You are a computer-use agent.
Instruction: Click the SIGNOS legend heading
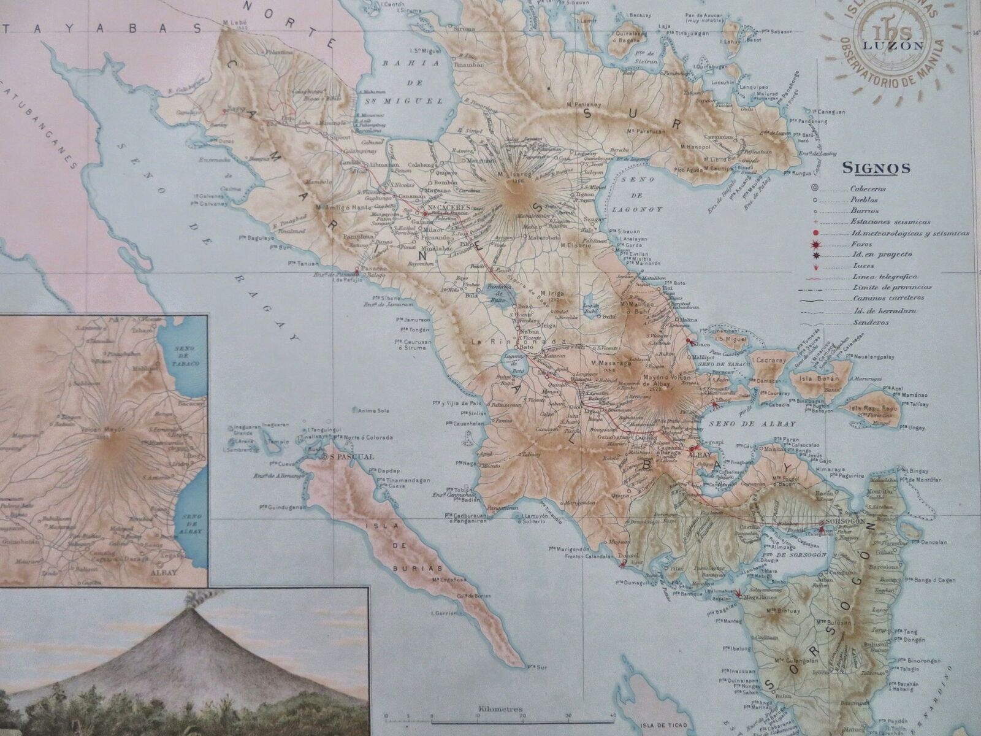(x=877, y=167)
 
